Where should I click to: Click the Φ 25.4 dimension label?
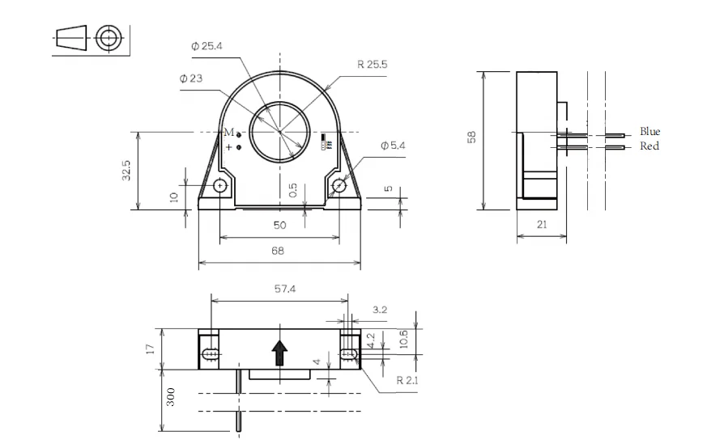tap(207, 47)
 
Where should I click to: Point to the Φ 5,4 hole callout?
tap(394, 146)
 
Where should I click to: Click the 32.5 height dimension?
tap(127, 170)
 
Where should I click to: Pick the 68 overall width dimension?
tap(278, 251)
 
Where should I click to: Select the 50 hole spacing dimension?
tap(278, 226)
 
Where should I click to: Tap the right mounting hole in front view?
tap(339, 186)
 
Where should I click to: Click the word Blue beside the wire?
tap(649, 131)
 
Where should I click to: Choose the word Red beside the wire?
tap(649, 146)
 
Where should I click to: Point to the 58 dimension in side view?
tap(472, 137)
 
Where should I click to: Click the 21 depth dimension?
tap(541, 226)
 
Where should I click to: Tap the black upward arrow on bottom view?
tap(279, 352)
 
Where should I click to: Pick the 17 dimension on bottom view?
tap(151, 349)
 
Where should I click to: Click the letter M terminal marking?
tap(228, 132)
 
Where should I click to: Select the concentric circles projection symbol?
tap(109, 37)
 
